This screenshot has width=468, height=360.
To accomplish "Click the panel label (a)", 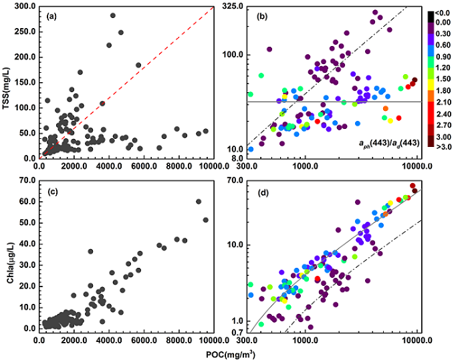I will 49,15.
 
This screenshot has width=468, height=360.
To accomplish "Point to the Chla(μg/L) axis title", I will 8,256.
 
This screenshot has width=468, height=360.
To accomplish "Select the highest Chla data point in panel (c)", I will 198,201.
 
